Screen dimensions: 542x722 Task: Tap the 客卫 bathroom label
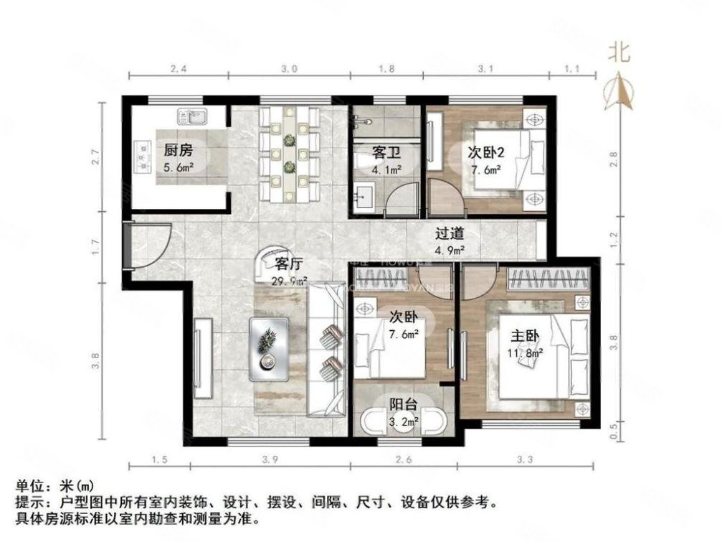pyautogui.click(x=385, y=153)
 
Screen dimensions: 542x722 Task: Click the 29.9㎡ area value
pyautogui.click(x=289, y=281)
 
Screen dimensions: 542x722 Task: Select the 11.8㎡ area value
pyautogui.click(x=528, y=353)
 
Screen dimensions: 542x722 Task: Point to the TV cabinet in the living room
pyautogui.click(x=201, y=358)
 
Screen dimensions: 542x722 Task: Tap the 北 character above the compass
pyautogui.click(x=619, y=51)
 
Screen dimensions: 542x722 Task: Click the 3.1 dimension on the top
pyautogui.click(x=486, y=69)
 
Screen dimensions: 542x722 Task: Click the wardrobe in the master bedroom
pyautogui.click(x=548, y=279)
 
